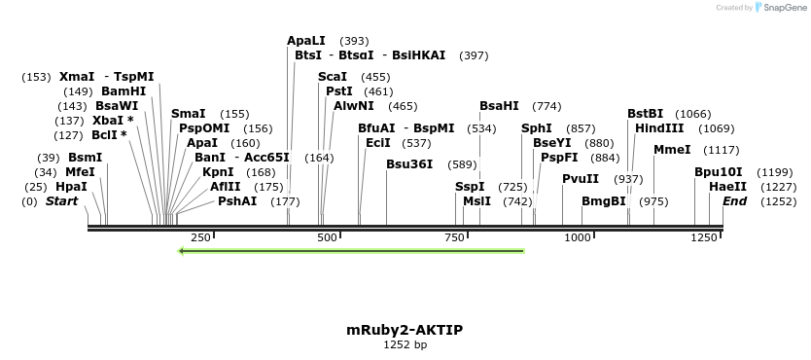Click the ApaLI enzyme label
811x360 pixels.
(306, 41)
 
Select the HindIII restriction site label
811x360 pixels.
(659, 128)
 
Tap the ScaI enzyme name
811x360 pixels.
(333, 77)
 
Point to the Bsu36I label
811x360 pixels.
(409, 164)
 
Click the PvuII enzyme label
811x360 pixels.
(581, 178)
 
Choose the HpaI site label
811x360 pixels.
(71, 186)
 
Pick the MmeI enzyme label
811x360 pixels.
(672, 150)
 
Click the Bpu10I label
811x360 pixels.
(719, 172)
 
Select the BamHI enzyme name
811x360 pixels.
(123, 91)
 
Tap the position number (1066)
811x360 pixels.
(693, 114)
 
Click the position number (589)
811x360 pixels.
(463, 164)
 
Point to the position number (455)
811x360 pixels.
(375, 77)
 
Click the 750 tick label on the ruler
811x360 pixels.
(452, 237)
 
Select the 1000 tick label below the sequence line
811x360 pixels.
(579, 237)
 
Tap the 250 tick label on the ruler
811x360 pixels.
(201, 237)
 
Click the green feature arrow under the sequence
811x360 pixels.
(351, 251)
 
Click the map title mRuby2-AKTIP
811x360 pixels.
(405, 330)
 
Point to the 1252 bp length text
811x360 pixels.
(405, 344)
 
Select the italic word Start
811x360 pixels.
(61, 201)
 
